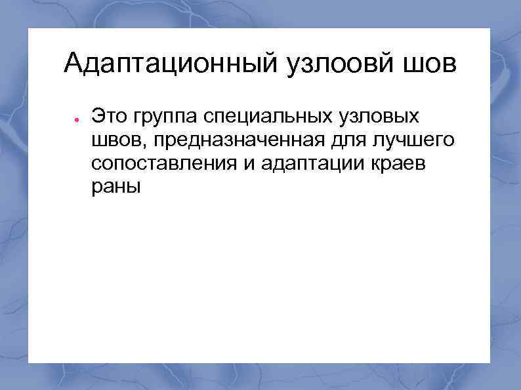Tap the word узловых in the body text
(380, 117)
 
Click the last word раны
(115, 187)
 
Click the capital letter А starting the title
(73, 64)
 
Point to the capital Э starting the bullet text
(98, 117)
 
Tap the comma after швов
(148, 146)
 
